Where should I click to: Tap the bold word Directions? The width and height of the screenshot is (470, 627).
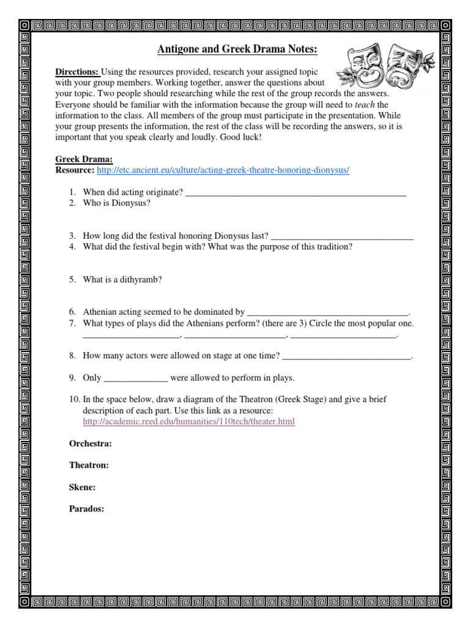point(77,72)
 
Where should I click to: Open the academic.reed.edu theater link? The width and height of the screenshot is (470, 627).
point(188,422)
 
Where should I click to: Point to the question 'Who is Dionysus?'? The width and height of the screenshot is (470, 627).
point(116,203)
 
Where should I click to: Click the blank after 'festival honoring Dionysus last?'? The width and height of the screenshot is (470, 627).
point(341,236)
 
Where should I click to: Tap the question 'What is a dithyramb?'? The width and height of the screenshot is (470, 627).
point(122,279)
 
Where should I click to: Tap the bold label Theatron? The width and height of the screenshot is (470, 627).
point(89,465)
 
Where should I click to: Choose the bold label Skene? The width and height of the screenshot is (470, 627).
point(82,487)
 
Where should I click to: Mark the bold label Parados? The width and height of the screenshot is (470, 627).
point(86,509)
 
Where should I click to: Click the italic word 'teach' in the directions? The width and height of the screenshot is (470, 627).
point(365,105)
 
